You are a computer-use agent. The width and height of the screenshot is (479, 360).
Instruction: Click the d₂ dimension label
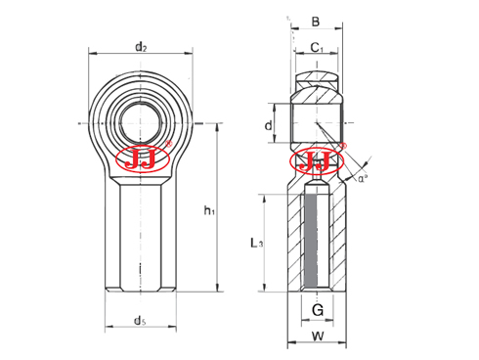tap(141, 47)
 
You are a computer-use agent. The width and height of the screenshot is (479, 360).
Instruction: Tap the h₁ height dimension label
tap(209, 210)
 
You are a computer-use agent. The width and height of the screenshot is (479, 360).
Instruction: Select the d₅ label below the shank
tap(140, 321)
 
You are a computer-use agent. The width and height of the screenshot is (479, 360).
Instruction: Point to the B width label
tap(316, 22)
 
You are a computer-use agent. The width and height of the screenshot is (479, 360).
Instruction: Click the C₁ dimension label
tap(317, 48)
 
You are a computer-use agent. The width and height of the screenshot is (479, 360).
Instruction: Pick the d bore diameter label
tap(268, 125)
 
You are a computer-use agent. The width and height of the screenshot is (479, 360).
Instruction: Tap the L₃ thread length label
tap(257, 243)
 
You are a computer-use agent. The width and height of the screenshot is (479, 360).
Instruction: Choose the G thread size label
tap(318, 309)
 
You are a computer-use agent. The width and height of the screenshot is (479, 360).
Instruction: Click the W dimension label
tap(318, 336)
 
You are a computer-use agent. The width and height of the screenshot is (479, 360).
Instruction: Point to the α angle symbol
tap(362, 178)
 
